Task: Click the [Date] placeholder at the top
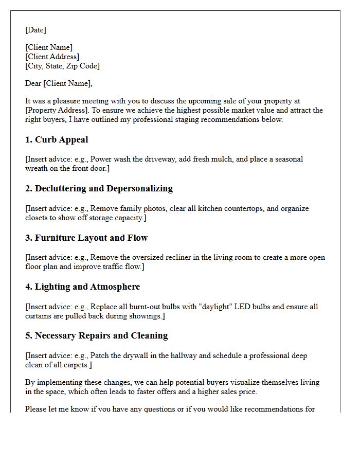pyautogui.click(x=35, y=30)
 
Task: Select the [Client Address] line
pyautogui.click(x=52, y=57)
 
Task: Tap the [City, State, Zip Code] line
pyautogui.click(x=62, y=66)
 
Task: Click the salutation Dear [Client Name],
pyautogui.click(x=59, y=83)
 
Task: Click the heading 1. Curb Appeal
pyautogui.click(x=57, y=139)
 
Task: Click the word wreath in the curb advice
pyautogui.click(x=38, y=168)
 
